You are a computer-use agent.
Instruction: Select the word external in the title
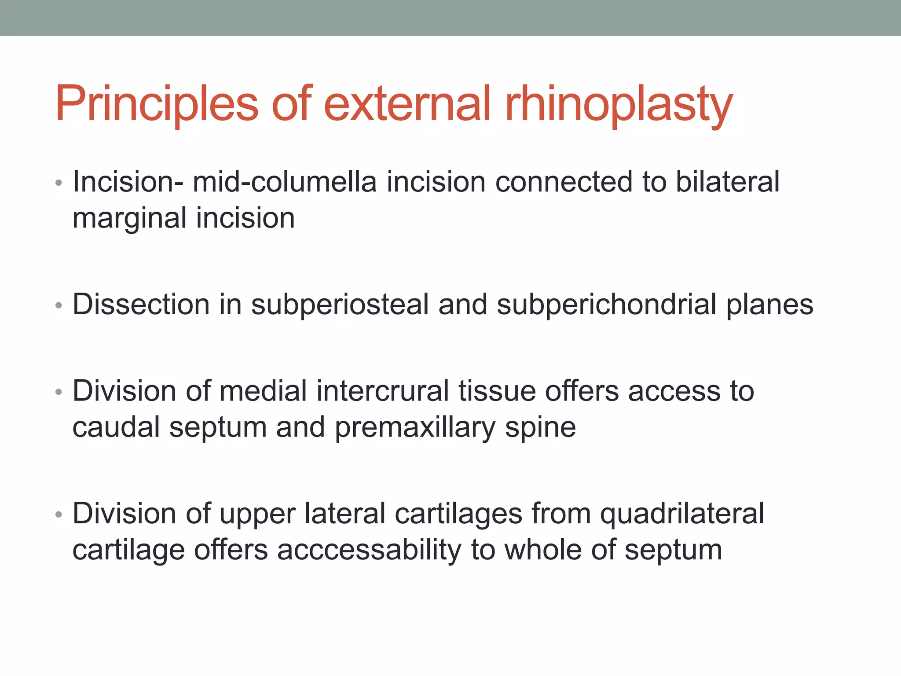[x=407, y=104]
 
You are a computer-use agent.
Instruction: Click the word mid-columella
[x=285, y=182]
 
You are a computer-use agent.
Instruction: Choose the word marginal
[x=129, y=219]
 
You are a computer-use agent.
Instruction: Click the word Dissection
[x=141, y=304]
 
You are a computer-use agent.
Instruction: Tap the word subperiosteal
[x=339, y=305]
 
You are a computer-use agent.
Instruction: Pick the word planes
[x=769, y=305]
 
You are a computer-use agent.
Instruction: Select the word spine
[x=540, y=428]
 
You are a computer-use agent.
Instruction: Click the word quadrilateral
[x=682, y=514]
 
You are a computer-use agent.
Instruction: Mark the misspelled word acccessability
[x=369, y=550]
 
